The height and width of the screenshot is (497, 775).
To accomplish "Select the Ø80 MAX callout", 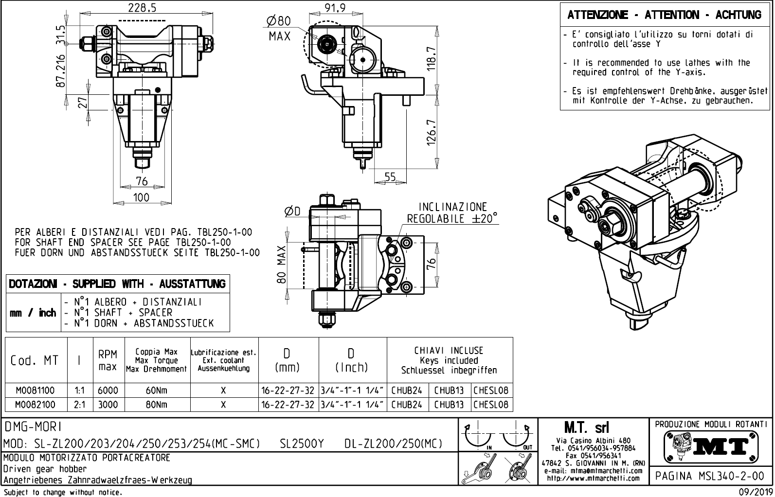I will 279,28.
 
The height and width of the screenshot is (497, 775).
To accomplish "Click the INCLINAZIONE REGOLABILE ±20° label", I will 452,213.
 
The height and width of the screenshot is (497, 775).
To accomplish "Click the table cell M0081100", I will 35,390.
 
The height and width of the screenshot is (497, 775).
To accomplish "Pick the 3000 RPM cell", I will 108,405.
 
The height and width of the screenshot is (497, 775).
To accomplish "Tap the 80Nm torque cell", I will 156,405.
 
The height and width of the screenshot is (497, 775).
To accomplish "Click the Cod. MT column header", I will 35,360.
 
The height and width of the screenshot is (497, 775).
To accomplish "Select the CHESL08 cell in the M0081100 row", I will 490,390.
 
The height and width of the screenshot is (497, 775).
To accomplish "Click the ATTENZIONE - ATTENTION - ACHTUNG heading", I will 664,15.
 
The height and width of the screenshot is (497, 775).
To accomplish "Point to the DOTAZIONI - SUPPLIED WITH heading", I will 117,284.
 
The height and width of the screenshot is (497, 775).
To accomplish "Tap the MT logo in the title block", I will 711,446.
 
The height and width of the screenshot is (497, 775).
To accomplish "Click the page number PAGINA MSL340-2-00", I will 710,476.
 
